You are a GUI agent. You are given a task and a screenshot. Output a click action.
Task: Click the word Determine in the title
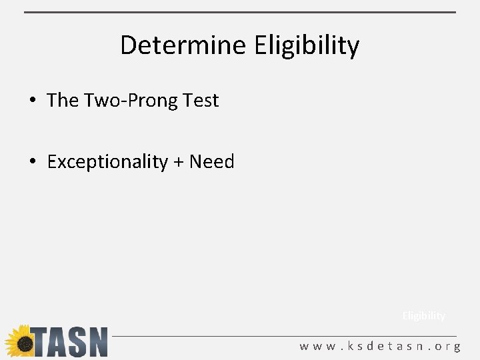tap(184, 45)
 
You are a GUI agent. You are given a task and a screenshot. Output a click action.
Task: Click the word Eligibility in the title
tap(307, 46)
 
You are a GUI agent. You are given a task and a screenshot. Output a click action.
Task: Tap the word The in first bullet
tap(63, 100)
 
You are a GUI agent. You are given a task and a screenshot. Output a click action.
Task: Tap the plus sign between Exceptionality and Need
tap(178, 162)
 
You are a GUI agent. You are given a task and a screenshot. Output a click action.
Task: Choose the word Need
tap(212, 161)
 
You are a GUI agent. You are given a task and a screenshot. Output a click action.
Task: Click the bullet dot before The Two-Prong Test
tap(32, 101)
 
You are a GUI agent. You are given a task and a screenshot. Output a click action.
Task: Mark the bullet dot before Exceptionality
tap(32, 163)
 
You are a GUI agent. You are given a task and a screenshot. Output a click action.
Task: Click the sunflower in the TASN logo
tap(21, 341)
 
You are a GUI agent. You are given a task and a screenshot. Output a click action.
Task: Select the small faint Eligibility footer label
tap(423, 316)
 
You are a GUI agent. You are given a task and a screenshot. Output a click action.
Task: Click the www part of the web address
tap(317, 347)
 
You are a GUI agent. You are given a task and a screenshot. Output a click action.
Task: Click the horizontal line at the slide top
tap(240, 12)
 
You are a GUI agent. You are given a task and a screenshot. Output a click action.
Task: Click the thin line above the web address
tap(287, 335)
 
